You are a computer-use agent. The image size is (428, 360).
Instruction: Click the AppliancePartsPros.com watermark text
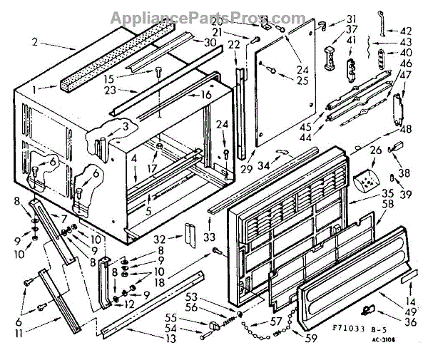[213, 15]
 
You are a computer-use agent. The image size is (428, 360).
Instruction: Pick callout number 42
[406, 32]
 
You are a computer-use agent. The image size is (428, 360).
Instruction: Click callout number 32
[160, 238]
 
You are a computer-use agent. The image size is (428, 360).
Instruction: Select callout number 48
[407, 130]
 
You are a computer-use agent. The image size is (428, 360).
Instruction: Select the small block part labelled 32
[189, 232]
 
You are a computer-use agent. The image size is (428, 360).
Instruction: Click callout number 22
[233, 44]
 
